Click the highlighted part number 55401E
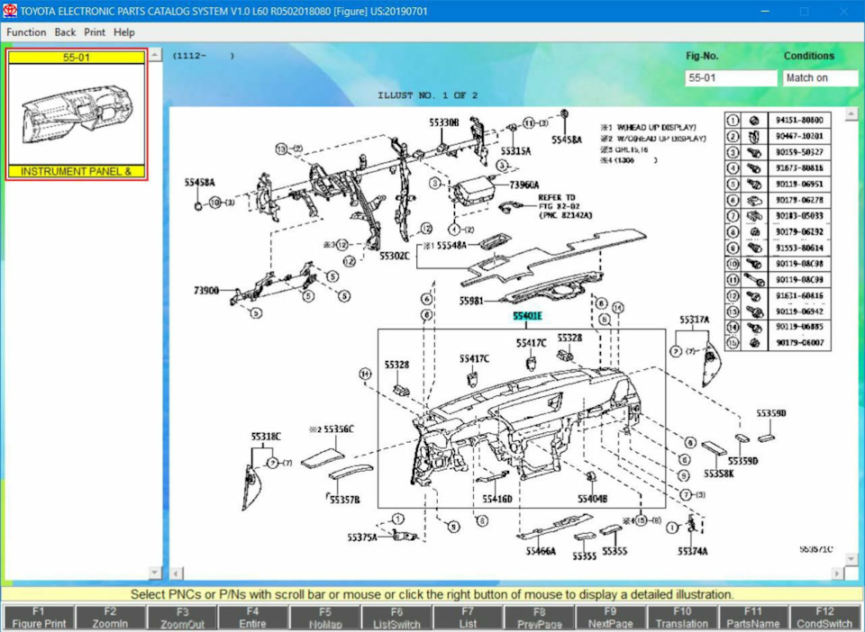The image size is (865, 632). (527, 316)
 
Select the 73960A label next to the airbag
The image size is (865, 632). (524, 185)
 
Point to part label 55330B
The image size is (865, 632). (443, 122)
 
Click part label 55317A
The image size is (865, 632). (694, 320)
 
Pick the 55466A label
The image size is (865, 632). (541, 551)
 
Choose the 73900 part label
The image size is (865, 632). (206, 291)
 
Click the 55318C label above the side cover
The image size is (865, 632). (266, 437)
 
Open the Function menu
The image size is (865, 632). (26, 32)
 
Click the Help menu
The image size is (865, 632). (124, 32)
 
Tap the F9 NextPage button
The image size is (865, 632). (611, 618)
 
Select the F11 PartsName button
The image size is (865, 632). (753, 618)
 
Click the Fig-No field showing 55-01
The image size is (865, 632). (730, 78)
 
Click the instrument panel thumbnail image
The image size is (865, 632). (76, 114)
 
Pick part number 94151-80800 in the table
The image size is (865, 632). (799, 120)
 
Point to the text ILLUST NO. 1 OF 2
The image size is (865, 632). (428, 95)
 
